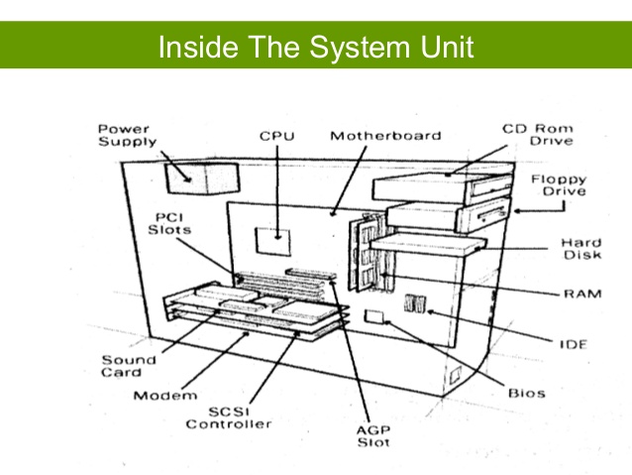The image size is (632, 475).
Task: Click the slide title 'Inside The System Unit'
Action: (x=316, y=47)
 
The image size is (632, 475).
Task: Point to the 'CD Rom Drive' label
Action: (x=536, y=134)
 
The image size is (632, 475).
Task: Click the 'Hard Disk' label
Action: (x=581, y=249)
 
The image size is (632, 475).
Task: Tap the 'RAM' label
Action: (x=579, y=294)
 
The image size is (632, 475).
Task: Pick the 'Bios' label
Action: (x=527, y=393)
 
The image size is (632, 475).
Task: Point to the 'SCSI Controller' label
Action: (x=229, y=416)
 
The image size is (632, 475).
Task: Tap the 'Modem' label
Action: (x=158, y=396)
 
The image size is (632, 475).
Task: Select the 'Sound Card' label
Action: (x=128, y=366)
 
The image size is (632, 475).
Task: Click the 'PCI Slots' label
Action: (x=170, y=221)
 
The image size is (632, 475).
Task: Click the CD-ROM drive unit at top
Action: (x=441, y=186)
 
